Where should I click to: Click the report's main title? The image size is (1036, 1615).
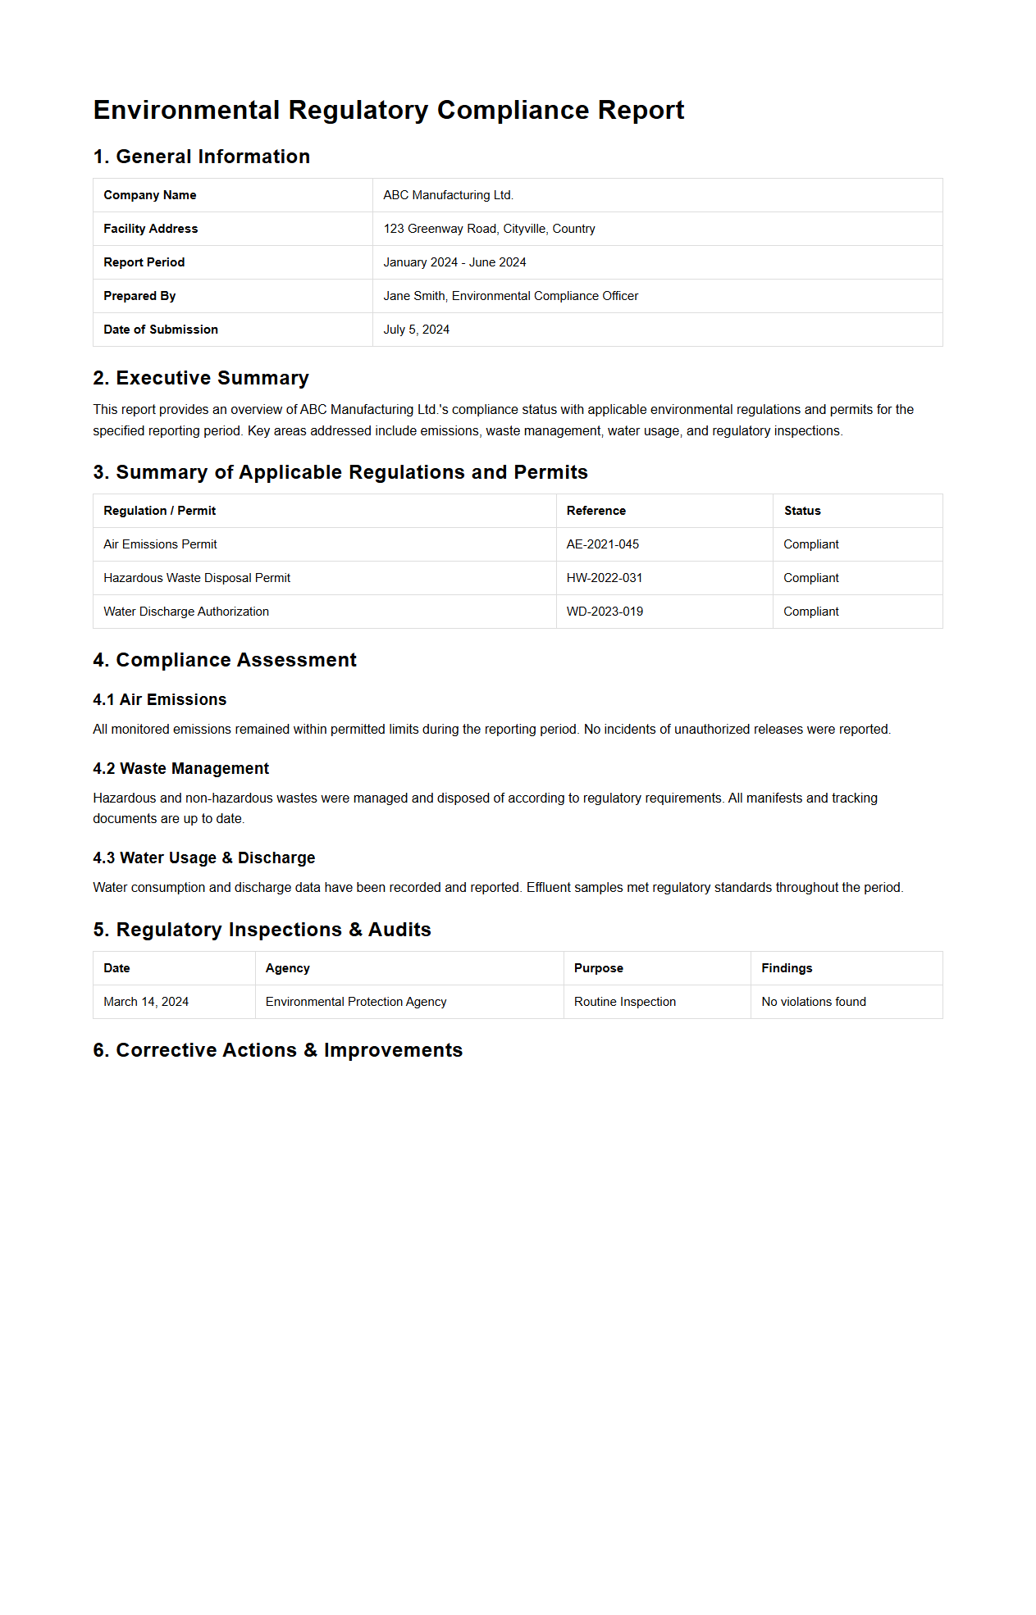click(388, 110)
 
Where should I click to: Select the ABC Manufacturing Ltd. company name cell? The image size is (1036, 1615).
click(448, 195)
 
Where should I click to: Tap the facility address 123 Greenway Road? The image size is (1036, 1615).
click(489, 229)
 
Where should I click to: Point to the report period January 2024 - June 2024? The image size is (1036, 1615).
click(454, 262)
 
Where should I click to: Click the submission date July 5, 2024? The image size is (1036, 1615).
click(416, 330)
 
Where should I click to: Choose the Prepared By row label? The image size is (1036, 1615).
click(139, 296)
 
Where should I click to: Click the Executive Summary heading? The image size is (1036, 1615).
click(201, 378)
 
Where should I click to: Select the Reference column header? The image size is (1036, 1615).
click(596, 511)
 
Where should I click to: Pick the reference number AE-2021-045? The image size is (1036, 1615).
click(602, 544)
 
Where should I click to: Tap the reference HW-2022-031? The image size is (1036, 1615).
click(604, 578)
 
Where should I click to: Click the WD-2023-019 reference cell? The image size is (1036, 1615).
click(605, 612)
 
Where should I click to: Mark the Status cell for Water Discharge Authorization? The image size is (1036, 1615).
click(810, 612)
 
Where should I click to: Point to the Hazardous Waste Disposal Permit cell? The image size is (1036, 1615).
click(197, 578)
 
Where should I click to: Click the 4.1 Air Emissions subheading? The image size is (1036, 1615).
click(160, 699)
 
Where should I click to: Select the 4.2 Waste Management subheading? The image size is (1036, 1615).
click(181, 768)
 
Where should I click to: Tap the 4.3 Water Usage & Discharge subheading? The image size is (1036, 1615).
click(204, 858)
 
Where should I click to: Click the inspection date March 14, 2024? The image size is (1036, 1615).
click(146, 1002)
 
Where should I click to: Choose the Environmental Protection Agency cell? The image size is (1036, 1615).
click(356, 1002)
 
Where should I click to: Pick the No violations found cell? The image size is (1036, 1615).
click(813, 1002)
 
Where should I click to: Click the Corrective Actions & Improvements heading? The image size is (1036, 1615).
click(278, 1050)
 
